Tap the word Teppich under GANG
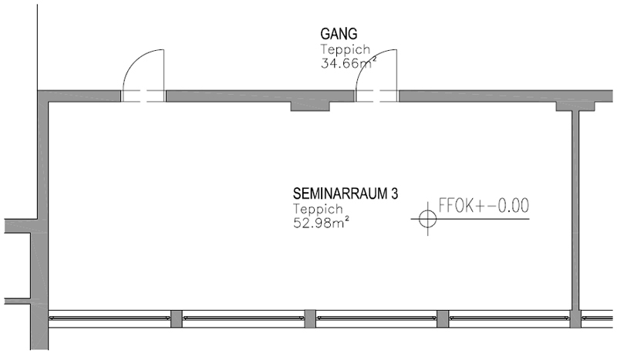point(344,49)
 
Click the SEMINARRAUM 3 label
point(345,194)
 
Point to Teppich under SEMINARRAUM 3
point(316,210)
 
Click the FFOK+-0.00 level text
point(483,206)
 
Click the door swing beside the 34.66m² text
point(386,68)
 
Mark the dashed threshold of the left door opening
point(144,96)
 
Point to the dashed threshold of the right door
point(376,96)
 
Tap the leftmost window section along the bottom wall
point(109,318)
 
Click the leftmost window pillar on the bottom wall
point(176,318)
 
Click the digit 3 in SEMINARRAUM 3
point(394,194)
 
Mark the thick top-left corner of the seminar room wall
point(44,96)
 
